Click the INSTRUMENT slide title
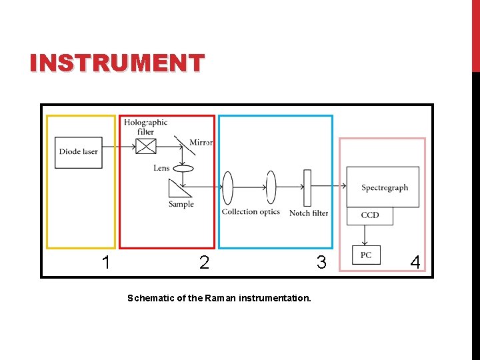(117, 63)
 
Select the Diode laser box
(79, 152)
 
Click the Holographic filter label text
(145, 127)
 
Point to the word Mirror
(201, 143)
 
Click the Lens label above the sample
(161, 168)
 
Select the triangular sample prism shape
(178, 187)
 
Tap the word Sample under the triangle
(181, 204)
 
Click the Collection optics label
(251, 212)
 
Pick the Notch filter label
(309, 213)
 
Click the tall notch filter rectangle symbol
(307, 188)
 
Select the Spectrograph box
(383, 187)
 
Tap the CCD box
(370, 215)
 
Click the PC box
(366, 255)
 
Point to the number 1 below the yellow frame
(105, 263)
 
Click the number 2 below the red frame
(204, 263)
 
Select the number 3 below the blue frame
(321, 263)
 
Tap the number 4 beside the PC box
(415, 263)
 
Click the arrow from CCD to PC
(365, 235)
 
